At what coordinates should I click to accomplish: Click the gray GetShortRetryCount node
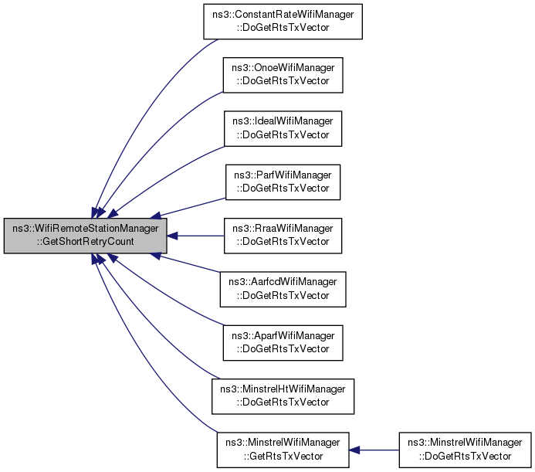pyautogui.click(x=85, y=236)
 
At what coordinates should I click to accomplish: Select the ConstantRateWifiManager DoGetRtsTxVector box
pyautogui.click(x=283, y=22)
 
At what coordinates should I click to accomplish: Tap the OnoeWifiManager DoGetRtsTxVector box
pyautogui.click(x=283, y=75)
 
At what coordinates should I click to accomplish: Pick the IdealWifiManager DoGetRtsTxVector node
pyautogui.click(x=283, y=128)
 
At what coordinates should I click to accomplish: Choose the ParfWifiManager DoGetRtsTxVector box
pyautogui.click(x=283, y=182)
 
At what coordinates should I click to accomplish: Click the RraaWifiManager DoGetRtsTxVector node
pyautogui.click(x=283, y=236)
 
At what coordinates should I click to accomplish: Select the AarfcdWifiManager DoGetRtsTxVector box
pyautogui.click(x=283, y=289)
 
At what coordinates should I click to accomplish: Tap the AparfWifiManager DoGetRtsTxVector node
pyautogui.click(x=283, y=343)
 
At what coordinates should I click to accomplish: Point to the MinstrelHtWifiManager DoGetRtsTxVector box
pyautogui.click(x=283, y=396)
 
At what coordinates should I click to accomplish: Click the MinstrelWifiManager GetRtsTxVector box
pyautogui.click(x=283, y=450)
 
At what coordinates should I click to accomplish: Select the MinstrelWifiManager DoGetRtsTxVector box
pyautogui.click(x=465, y=450)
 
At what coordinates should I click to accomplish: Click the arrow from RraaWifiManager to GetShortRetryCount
pyautogui.click(x=195, y=236)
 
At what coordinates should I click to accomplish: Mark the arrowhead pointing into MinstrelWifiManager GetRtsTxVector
pyautogui.click(x=354, y=450)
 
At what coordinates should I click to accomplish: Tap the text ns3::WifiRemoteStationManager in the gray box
pyautogui.click(x=85, y=229)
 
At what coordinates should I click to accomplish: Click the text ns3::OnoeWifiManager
pyautogui.click(x=283, y=68)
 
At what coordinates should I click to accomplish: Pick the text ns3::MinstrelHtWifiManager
pyautogui.click(x=283, y=389)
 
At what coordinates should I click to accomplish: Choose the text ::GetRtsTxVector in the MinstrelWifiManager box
pyautogui.click(x=283, y=457)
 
